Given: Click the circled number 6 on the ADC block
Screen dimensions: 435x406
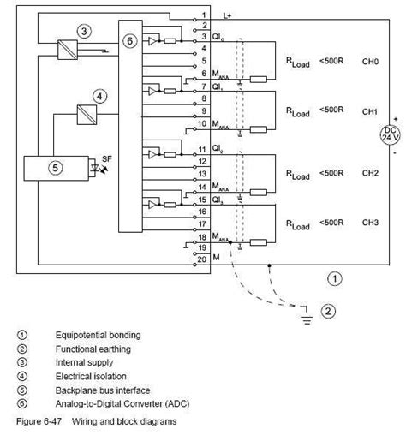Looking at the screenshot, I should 129,40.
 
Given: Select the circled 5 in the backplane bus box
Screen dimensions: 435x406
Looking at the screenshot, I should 54,168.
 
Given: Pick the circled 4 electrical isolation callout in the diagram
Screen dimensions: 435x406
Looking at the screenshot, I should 100,97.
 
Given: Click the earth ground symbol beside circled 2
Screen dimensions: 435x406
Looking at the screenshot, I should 305,318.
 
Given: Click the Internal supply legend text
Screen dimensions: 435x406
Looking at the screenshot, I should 84,363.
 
